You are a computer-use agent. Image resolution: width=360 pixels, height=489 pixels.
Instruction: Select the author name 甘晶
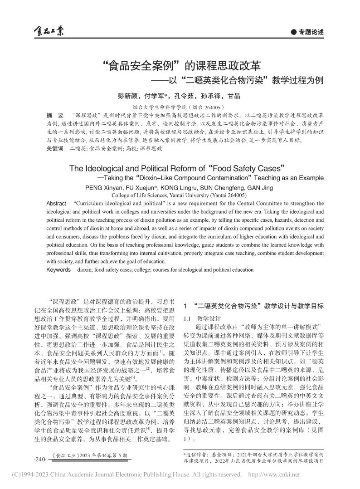pyautogui.click(x=234, y=96)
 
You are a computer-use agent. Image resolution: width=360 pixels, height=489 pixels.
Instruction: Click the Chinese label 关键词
pyautogui.click(x=55, y=148)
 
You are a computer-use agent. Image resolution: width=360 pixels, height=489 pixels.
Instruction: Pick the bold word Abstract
pyautogui.click(x=56, y=203)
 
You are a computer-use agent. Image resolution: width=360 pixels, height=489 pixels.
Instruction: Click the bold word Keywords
pyautogui.click(x=58, y=270)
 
